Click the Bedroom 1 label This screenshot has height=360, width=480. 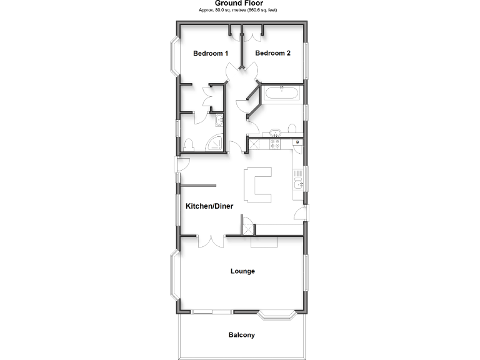[x=210, y=54]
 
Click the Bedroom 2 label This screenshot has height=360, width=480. [x=273, y=54]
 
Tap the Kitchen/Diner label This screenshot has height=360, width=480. [x=209, y=206]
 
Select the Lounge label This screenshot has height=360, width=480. [x=242, y=271]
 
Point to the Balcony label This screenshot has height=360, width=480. [x=242, y=335]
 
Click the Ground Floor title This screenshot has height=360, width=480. [x=240, y=3]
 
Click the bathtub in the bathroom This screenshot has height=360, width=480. [x=283, y=95]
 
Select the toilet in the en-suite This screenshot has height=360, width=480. [x=190, y=145]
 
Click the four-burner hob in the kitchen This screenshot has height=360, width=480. [x=274, y=144]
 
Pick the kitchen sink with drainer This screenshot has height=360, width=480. [x=299, y=181]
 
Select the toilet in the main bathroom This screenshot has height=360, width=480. [x=291, y=129]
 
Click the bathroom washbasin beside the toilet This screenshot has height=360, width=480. [x=275, y=132]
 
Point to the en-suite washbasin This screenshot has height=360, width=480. [x=219, y=121]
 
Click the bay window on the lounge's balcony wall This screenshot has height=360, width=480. [x=276, y=315]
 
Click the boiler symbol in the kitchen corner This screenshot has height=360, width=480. [x=299, y=143]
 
